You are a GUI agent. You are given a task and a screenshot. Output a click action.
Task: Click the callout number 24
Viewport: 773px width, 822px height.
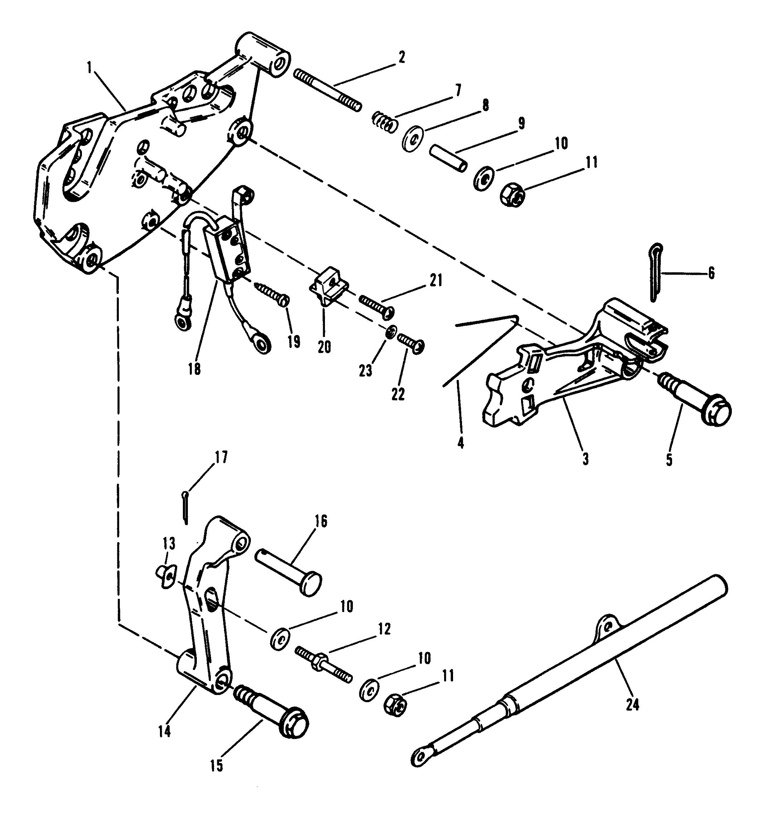coord(632,705)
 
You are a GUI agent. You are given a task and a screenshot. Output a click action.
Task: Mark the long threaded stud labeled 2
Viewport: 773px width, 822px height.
coord(327,90)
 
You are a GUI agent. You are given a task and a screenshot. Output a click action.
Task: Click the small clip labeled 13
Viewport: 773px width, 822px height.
coord(167,576)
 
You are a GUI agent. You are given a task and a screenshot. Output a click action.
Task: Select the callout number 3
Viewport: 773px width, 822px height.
coord(585,459)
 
